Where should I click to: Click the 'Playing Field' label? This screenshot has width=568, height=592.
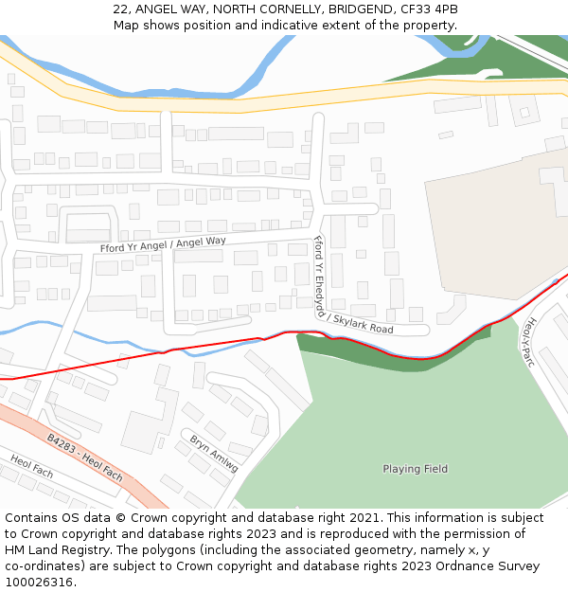click(x=415, y=469)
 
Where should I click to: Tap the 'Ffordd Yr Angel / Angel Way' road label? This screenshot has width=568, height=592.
click(x=163, y=244)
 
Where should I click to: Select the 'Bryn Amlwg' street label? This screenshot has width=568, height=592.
click(x=214, y=454)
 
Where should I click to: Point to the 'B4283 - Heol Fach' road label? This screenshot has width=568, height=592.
click(x=85, y=457)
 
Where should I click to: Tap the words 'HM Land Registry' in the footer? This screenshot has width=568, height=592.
click(x=53, y=549)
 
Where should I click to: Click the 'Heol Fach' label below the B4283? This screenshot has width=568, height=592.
click(x=32, y=466)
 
